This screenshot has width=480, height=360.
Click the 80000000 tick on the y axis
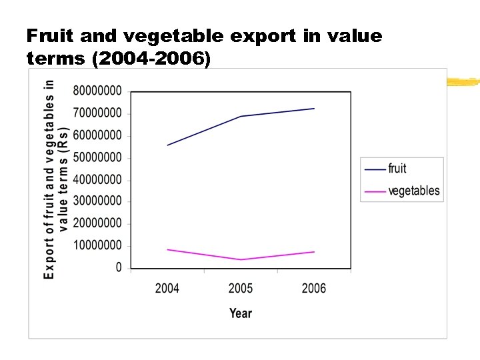(x=97, y=90)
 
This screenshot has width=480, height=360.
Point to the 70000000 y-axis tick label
(x=97, y=113)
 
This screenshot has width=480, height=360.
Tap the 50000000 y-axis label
(x=97, y=157)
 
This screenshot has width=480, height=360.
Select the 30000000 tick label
(x=97, y=201)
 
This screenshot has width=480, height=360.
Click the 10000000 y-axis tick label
(x=97, y=245)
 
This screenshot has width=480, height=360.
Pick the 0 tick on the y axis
(x=119, y=267)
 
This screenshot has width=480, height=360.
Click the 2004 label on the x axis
(x=167, y=288)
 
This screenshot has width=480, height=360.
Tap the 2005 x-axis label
(x=241, y=288)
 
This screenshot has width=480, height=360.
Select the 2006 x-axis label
(x=314, y=288)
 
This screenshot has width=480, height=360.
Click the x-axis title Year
(x=241, y=313)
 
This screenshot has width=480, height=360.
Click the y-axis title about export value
(x=56, y=179)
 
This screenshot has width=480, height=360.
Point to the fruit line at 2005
(x=241, y=116)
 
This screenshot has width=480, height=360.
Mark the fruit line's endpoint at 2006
(x=314, y=108)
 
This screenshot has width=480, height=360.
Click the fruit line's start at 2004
(x=167, y=145)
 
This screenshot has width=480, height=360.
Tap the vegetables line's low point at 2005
(x=241, y=259)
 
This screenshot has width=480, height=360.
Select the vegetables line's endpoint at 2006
(x=314, y=251)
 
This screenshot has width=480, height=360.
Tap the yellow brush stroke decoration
(x=463, y=83)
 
